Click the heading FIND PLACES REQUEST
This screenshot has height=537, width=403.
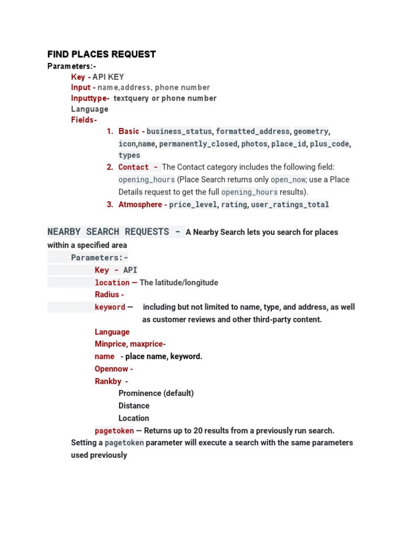click(101, 54)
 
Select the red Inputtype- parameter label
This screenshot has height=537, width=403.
click(90, 98)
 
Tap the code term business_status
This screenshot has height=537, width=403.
click(179, 131)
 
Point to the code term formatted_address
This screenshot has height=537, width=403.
click(252, 131)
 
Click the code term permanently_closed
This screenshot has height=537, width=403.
click(197, 144)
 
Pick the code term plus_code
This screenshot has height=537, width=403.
click(330, 144)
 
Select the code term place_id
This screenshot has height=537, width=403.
click(289, 144)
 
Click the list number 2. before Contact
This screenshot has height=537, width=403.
click(110, 167)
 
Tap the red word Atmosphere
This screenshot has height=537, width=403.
click(140, 205)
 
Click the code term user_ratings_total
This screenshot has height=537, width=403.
click(290, 205)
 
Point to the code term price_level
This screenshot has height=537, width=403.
click(193, 205)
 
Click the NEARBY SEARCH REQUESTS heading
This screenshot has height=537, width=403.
click(108, 232)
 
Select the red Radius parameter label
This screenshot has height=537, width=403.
click(109, 295)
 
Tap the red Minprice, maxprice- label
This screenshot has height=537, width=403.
click(130, 344)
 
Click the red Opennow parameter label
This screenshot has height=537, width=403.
click(113, 369)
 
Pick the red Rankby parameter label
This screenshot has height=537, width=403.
click(111, 381)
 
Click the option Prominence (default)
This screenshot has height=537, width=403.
click(156, 393)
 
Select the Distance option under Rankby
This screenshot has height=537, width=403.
click(134, 406)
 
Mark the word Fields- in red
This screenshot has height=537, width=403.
click(84, 120)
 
